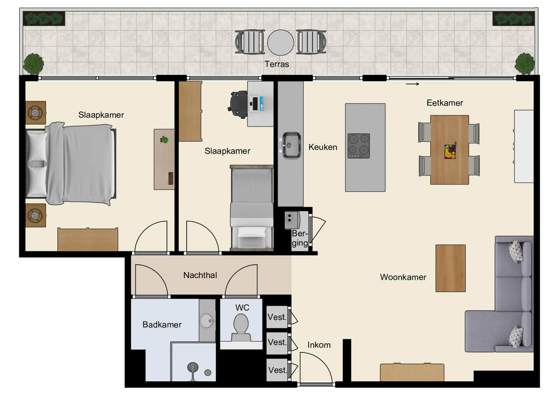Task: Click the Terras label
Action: coord(277,64)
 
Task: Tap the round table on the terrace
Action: coord(280,42)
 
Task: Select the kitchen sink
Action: coord(291,145)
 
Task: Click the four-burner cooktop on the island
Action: coord(359,146)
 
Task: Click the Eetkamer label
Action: coord(445,103)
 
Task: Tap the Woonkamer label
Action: coord(403,277)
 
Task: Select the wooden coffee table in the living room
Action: coord(450,268)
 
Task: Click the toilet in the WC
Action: coord(241,326)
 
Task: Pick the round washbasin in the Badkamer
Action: coord(207,320)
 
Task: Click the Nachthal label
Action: coord(200,275)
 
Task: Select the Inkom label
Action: coord(319,345)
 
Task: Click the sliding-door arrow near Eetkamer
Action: coord(412,84)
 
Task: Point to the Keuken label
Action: coord(323,147)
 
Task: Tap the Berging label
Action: coord(300,238)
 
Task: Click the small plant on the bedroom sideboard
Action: coord(164,140)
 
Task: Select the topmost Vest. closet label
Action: coord(277,317)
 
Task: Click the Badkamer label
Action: coord(162,325)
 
